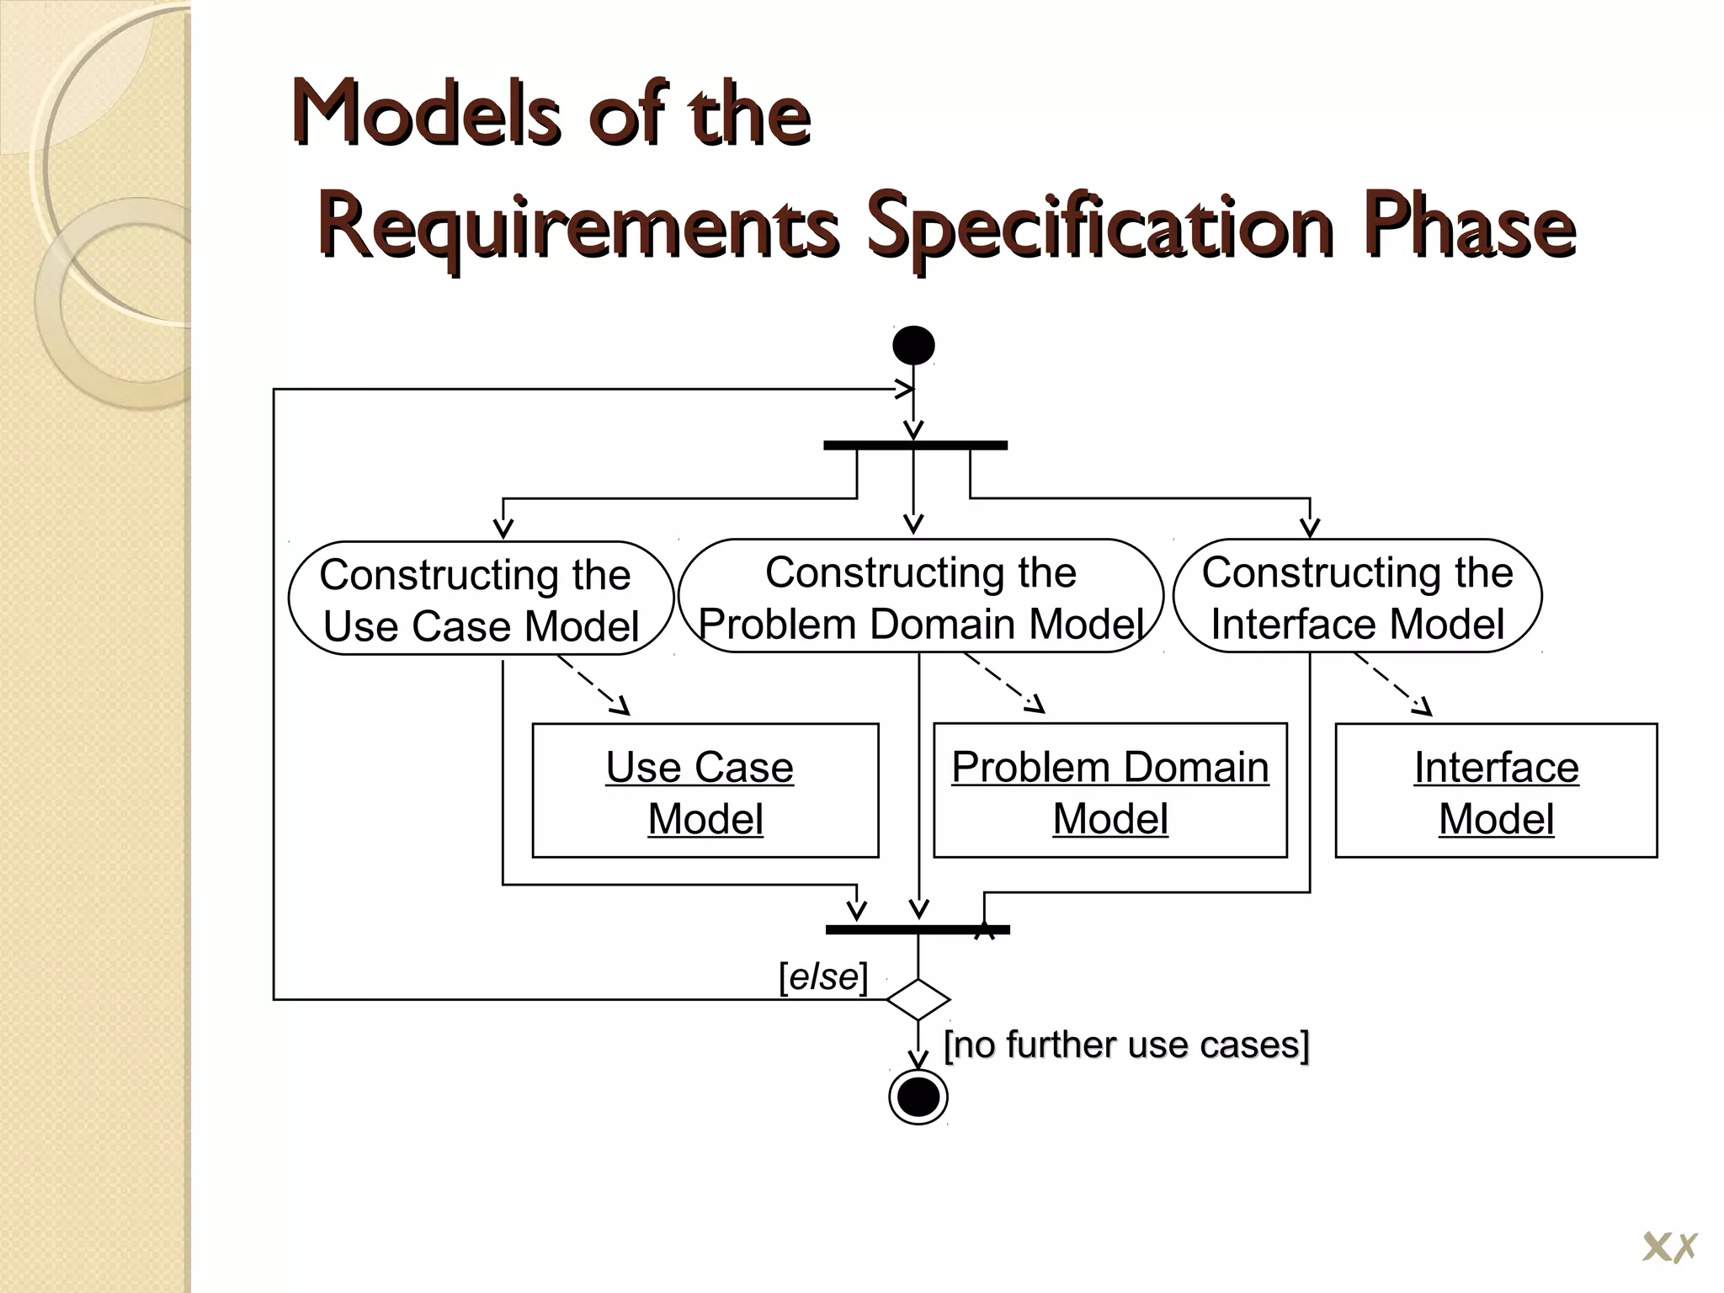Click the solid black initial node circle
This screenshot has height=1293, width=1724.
pyautogui.click(x=913, y=345)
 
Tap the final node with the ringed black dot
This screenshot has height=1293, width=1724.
pyautogui.click(x=918, y=1097)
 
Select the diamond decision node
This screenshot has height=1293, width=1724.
pyautogui.click(x=918, y=999)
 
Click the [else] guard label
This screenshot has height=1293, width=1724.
pyautogui.click(x=822, y=976)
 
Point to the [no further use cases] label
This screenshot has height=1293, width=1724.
pyautogui.click(x=1126, y=1045)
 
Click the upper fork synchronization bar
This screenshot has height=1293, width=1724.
pyautogui.click(x=915, y=445)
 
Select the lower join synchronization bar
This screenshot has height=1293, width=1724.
pyautogui.click(x=918, y=929)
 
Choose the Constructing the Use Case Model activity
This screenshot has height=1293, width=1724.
pyautogui.click(x=481, y=599)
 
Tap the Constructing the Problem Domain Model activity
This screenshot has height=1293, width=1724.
pyautogui.click(x=920, y=597)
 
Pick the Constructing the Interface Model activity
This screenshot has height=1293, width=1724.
pyautogui.click(x=1357, y=597)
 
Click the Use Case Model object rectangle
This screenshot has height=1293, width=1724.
pyautogui.click(x=705, y=790)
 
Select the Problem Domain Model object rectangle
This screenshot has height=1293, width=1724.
pyautogui.click(x=1109, y=790)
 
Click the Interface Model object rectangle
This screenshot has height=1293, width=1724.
pyautogui.click(x=1495, y=790)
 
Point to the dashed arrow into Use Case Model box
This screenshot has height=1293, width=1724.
pyautogui.click(x=593, y=686)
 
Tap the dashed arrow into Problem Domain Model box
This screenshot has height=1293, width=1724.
pyautogui.click(x=1004, y=683)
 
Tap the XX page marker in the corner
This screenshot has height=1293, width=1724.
pyautogui.click(x=1669, y=1248)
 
